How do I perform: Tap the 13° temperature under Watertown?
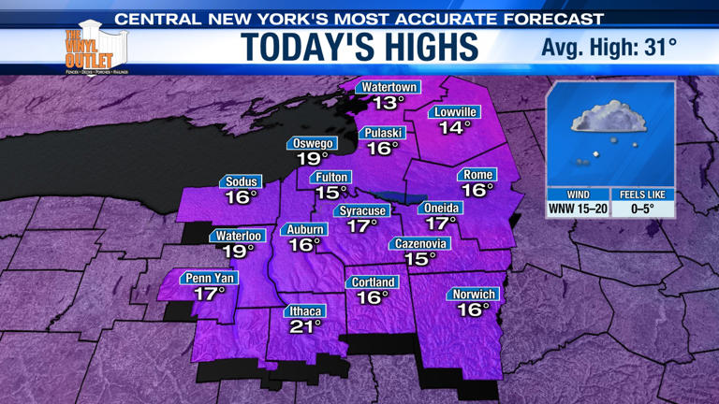coord(388,103)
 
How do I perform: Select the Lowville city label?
coord(456,112)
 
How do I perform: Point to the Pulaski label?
coord(383,133)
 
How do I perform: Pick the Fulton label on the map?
coord(331,177)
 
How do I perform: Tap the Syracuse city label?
coord(362,210)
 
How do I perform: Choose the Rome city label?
coord(477,175)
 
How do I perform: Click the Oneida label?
coord(440,208)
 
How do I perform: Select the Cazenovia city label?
coord(420,244)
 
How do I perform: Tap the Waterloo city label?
coord(238,236)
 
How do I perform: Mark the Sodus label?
coord(241,181)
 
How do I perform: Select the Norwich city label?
coord(474,295)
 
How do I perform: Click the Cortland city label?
coord(373,282)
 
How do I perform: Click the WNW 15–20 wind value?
coord(578,209)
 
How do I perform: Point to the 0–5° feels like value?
coord(643,209)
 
